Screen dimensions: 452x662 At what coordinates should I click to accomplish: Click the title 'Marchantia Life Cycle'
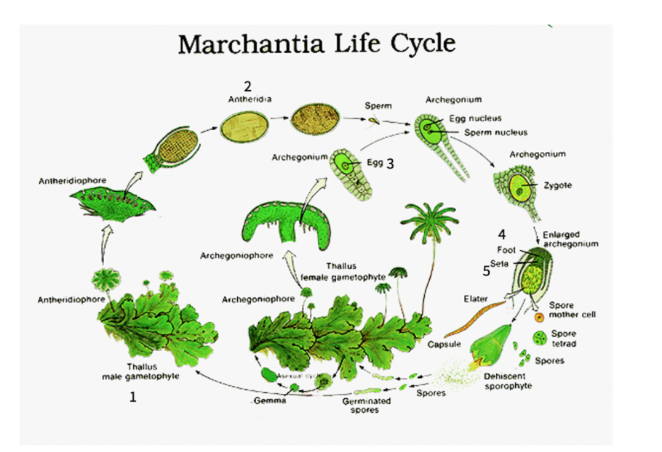(316, 44)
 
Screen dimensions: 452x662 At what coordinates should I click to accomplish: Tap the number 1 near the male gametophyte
(132, 397)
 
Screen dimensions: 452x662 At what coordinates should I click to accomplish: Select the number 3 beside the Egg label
(390, 164)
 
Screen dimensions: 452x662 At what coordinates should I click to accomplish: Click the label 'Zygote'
(557, 185)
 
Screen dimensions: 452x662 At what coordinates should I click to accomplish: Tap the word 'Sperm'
(378, 106)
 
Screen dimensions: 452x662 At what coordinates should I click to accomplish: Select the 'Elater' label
(476, 298)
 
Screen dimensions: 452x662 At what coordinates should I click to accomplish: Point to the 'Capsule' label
(444, 344)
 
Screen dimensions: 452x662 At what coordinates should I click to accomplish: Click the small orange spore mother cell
(538, 318)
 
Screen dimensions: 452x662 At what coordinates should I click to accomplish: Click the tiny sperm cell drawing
(374, 121)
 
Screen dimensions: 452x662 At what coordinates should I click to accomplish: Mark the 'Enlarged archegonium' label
(570, 240)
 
